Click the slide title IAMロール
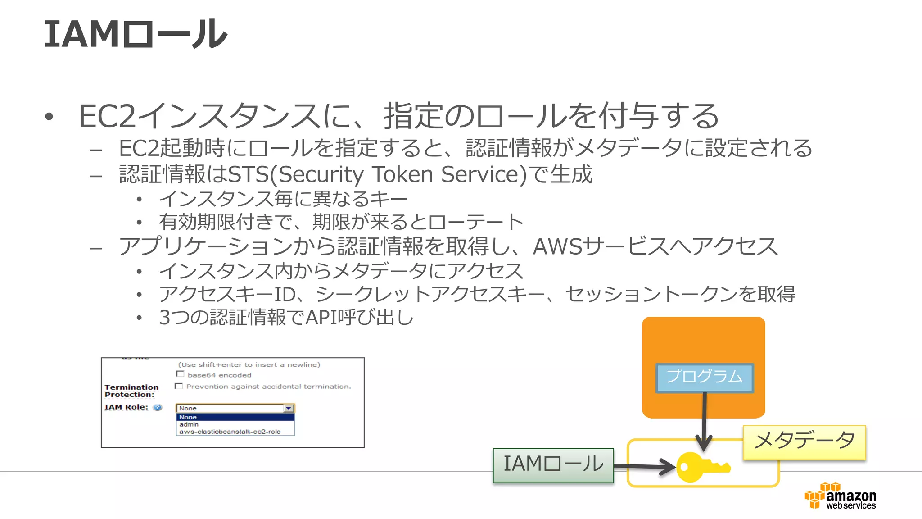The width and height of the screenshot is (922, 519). coord(135,34)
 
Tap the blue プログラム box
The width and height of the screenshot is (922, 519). coord(704,378)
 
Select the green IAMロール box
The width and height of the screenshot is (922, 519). coord(553,464)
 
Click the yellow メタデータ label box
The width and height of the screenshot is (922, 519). coord(804,442)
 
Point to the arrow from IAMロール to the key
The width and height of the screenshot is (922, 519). coord(644,466)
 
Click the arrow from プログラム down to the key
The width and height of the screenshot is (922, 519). coord(704,419)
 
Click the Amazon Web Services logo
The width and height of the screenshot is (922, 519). coord(840,496)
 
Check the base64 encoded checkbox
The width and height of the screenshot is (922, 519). coord(180,374)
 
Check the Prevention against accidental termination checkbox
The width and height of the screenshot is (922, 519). coord(179,386)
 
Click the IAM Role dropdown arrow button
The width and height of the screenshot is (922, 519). coord(288,408)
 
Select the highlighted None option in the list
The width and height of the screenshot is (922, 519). coord(234,417)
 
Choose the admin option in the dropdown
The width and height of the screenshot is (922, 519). coord(189,424)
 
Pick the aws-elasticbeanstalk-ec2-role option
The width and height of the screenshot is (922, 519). coord(230,432)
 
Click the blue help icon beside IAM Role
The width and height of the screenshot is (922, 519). coord(158,407)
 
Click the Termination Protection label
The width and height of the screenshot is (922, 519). coord(131,391)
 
